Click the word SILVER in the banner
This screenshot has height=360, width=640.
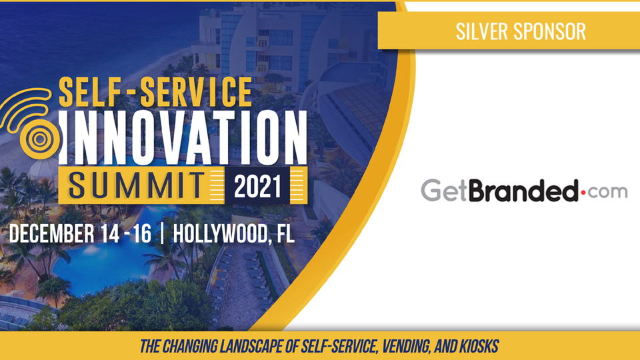tap(481, 31)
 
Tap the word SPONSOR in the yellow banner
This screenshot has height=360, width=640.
tap(549, 31)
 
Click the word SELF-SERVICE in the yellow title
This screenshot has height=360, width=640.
tap(155, 92)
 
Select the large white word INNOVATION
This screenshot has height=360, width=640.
tap(183, 137)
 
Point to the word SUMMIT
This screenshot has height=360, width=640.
tap(137, 186)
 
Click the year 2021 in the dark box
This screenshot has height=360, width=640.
tap(257, 186)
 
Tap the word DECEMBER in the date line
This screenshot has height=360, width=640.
tap(51, 233)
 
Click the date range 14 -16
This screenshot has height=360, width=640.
tap(126, 233)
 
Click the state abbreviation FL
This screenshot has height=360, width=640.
tap(286, 233)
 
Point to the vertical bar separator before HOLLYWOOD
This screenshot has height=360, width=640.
tap(163, 233)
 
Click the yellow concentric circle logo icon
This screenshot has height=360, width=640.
tap(39, 139)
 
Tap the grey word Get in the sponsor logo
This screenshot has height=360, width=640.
tap(444, 190)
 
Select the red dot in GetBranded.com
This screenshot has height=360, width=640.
tap(583, 192)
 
